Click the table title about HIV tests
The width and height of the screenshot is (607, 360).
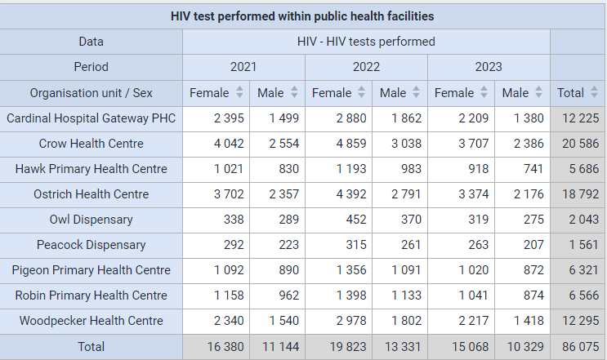[302, 16]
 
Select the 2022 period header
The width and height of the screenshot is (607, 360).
[366, 67]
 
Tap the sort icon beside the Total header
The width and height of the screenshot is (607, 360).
[594, 92]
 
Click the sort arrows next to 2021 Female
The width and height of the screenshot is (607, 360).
[239, 92]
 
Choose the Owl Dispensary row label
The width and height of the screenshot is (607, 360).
[91, 220]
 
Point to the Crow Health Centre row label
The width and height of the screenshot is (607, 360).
[91, 144]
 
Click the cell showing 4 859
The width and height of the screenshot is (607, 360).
[351, 144]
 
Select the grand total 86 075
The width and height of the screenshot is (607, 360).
[580, 347]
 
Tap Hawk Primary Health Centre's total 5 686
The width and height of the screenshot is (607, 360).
[584, 169]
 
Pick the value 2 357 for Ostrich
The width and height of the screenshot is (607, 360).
[284, 194]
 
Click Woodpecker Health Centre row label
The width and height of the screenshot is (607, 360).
[91, 321]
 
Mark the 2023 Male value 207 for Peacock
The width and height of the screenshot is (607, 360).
[533, 245]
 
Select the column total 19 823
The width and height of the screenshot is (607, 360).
[348, 347]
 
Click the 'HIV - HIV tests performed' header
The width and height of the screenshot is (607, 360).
[366, 42]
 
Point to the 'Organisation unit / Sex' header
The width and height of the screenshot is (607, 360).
[91, 93]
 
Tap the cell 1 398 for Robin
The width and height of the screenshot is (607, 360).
[351, 296]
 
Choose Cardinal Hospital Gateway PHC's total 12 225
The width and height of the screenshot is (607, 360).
[580, 118]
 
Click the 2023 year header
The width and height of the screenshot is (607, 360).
[489, 67]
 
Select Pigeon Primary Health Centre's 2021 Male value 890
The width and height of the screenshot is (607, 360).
[288, 270]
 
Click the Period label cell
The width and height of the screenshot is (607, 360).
[91, 67]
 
